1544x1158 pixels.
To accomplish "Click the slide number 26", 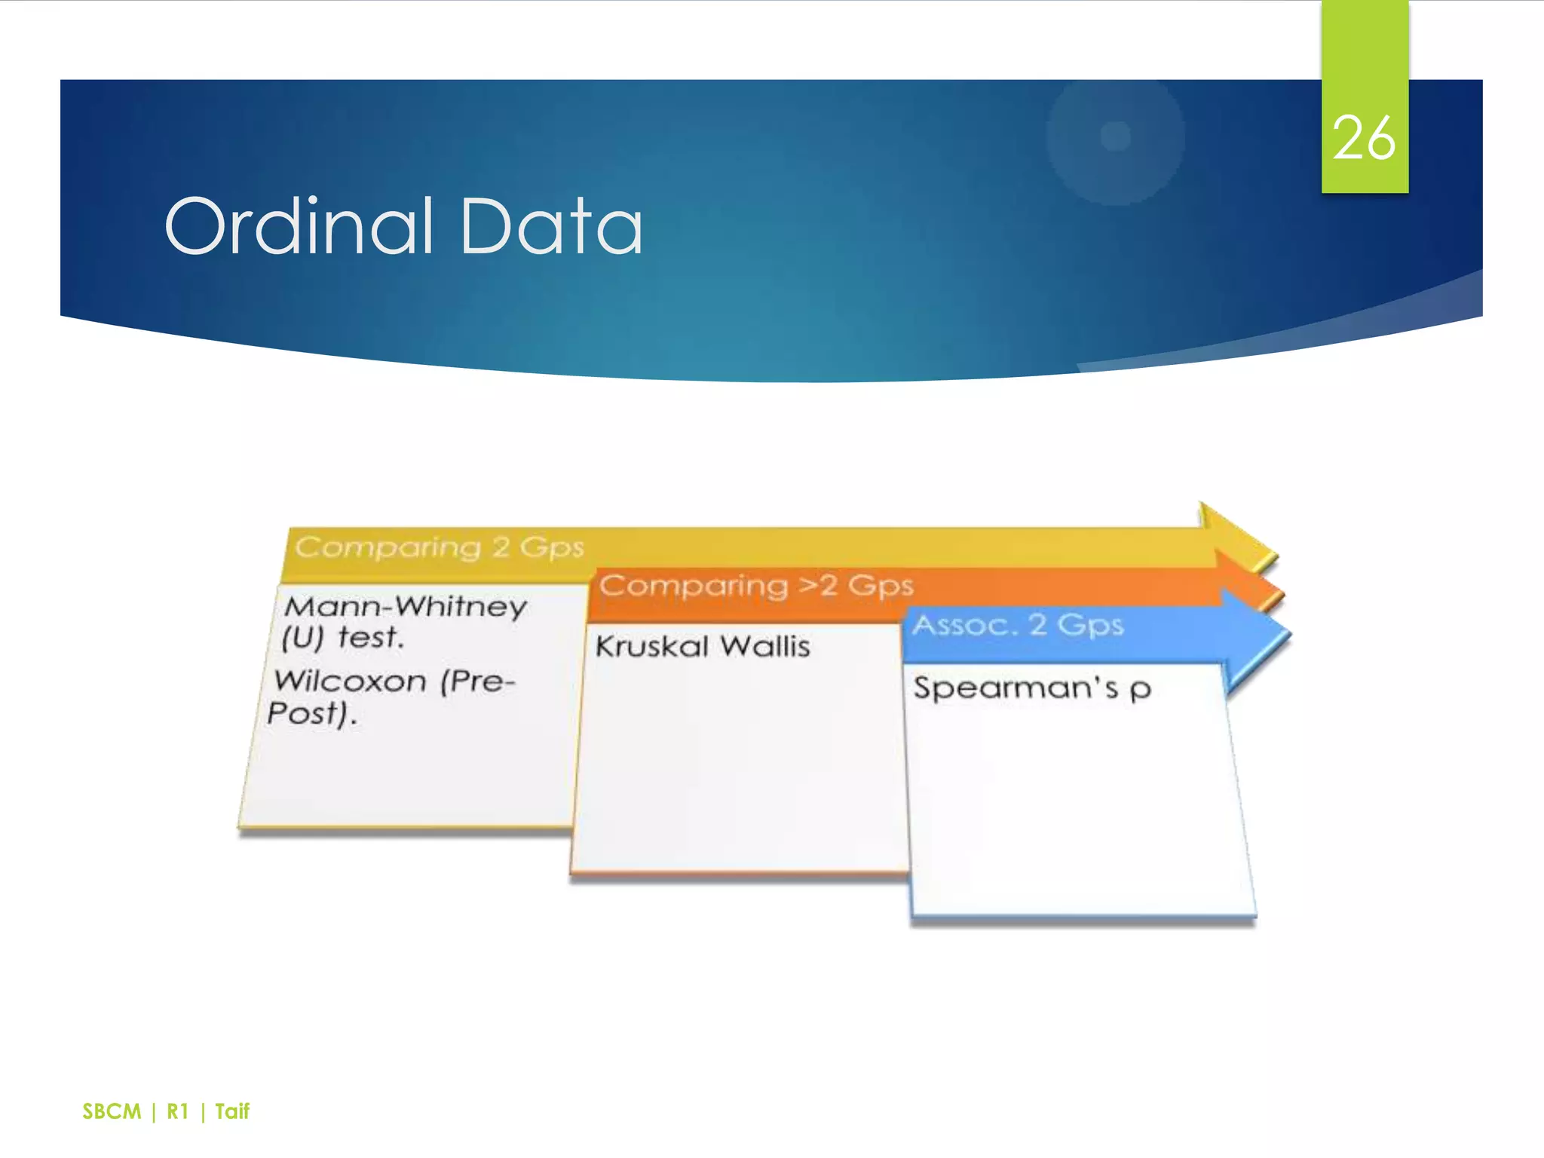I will [x=1364, y=139].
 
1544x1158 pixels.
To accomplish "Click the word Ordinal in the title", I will [x=300, y=226].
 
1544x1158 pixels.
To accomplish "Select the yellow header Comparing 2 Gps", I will [x=440, y=547].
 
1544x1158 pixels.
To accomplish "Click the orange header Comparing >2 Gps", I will [x=756, y=586].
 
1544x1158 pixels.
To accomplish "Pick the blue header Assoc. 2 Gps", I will [x=1018, y=625].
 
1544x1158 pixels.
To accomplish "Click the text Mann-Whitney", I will [x=406, y=606].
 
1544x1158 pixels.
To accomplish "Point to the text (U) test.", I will [x=343, y=638].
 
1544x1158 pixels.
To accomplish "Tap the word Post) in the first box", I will [x=311, y=713].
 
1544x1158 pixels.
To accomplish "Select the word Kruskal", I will [x=652, y=647].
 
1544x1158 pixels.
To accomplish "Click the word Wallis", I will [x=764, y=647].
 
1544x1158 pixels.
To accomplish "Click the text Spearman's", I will [x=1016, y=688].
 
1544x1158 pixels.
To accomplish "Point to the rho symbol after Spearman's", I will [x=1141, y=689].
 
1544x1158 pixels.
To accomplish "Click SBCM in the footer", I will [x=112, y=1111].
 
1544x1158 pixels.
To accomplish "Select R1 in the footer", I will [x=177, y=1111].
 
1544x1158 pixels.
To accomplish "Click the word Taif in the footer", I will [x=232, y=1111].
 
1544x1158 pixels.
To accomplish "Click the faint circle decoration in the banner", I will [x=1115, y=138].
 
